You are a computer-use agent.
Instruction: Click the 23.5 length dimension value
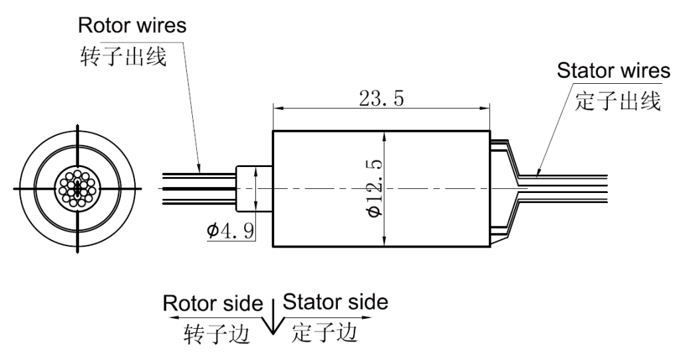coord(381,98)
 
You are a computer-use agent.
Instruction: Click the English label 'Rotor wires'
coord(132,27)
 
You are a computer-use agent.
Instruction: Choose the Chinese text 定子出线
coord(617,102)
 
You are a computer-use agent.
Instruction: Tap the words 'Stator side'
coord(335,303)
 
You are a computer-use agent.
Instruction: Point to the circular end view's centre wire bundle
coord(78,188)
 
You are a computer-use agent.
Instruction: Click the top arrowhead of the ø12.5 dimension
coord(386,136)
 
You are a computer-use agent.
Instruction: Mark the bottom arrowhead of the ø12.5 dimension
coord(386,242)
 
